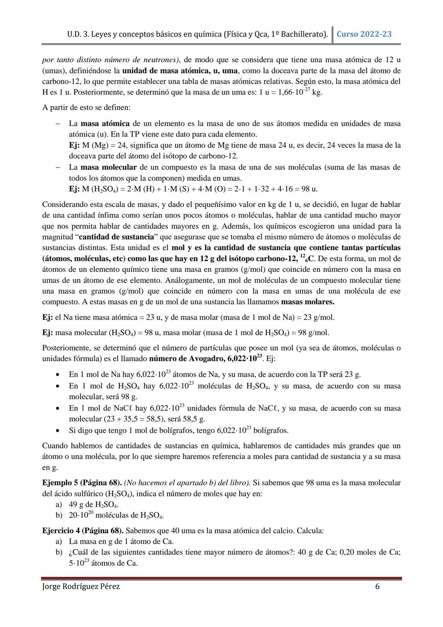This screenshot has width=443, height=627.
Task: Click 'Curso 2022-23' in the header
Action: click(x=364, y=34)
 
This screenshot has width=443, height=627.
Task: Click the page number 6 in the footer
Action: click(x=377, y=586)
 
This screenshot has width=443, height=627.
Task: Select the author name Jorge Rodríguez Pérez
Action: click(x=81, y=586)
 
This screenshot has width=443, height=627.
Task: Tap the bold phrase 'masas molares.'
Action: click(x=308, y=302)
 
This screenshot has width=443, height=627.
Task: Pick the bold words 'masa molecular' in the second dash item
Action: click(x=108, y=168)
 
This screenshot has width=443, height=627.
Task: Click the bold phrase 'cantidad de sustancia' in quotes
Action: click(x=116, y=237)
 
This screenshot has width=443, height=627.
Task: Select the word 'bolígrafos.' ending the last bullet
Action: click(x=271, y=430)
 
